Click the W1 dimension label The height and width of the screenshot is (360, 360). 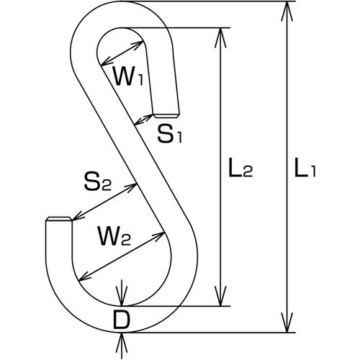129,76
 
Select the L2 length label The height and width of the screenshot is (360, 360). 240,167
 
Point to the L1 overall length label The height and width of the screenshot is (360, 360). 305,167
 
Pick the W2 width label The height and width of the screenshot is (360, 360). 114,235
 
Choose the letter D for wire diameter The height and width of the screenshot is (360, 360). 122,320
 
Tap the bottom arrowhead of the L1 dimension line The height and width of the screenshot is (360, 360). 287,323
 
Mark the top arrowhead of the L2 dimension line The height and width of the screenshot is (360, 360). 221,37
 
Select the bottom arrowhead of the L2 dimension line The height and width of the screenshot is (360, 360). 221,296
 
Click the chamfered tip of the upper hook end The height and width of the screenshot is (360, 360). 166,116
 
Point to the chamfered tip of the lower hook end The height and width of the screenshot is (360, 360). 59,219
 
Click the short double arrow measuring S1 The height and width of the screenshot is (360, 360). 143,120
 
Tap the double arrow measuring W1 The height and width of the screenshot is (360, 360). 122,53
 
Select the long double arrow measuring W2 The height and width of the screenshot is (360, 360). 122,256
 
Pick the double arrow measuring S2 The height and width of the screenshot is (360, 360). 104,202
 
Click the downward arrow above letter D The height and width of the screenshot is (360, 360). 122,293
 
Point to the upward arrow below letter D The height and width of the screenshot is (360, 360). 122,346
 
